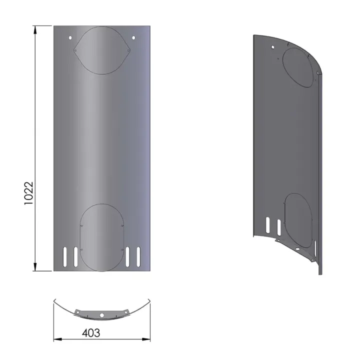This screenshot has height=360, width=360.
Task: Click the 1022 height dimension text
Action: pos(28,191)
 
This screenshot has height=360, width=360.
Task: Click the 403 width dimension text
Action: pos(90,332)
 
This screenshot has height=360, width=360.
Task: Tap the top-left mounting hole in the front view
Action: pos(70,38)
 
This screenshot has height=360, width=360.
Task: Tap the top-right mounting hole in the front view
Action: pos(133,38)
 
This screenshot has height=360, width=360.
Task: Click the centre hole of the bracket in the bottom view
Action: pos(101,315)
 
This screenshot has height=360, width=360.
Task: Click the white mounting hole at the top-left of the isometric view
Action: pos(272,47)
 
